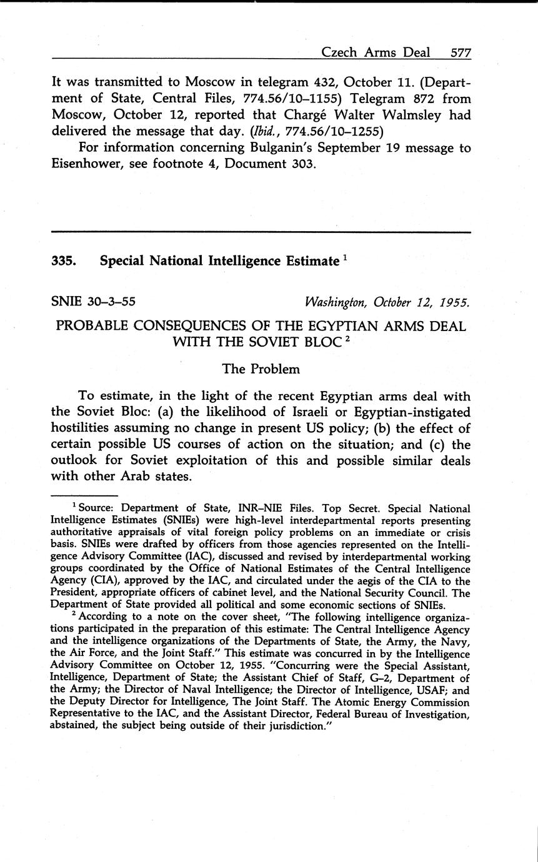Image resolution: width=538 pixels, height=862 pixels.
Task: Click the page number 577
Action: (460, 52)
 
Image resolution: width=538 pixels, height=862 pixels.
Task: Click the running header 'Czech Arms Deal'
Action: (376, 52)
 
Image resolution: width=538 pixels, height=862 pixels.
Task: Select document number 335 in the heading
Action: (64, 261)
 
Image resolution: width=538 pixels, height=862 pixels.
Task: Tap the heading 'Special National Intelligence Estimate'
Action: (219, 261)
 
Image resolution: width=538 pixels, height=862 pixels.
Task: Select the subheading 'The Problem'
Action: (261, 369)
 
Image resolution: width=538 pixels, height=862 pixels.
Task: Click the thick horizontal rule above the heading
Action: (261, 232)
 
